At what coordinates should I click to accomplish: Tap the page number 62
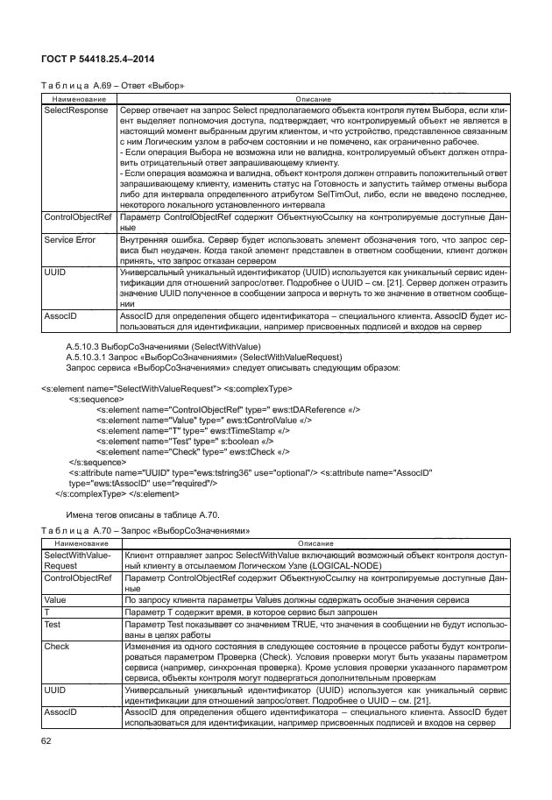pos(47,741)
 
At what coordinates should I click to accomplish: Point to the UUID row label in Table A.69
pos(54,273)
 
